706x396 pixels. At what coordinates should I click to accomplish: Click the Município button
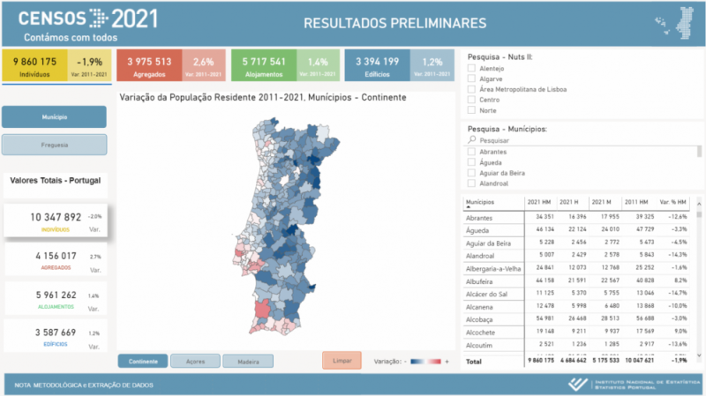coord(54,116)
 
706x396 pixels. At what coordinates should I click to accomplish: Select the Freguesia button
coord(54,145)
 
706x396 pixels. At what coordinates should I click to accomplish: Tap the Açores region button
coord(195,361)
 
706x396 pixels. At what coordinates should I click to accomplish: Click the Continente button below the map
coord(143,361)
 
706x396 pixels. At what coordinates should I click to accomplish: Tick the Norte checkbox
coord(472,110)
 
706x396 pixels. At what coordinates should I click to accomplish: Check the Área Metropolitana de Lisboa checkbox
coord(472,89)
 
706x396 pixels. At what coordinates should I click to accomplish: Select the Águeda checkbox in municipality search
coord(472,162)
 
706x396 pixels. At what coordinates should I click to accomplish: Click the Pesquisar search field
coord(582,140)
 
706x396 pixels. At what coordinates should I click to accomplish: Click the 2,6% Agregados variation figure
coord(204,62)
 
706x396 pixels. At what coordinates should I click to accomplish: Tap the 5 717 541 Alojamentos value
coord(264,62)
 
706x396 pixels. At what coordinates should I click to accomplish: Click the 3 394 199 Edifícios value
coord(378,62)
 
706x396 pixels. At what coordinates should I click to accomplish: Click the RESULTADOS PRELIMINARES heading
coord(394,22)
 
